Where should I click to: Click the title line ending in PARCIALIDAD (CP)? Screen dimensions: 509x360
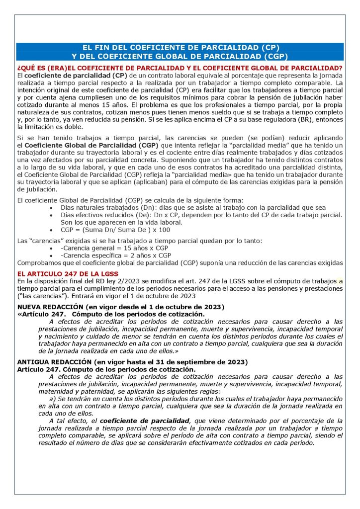pos(180,48)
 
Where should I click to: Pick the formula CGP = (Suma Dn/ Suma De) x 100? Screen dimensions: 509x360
pos(116,230)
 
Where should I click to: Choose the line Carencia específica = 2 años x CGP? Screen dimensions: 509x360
pos(116,255)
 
